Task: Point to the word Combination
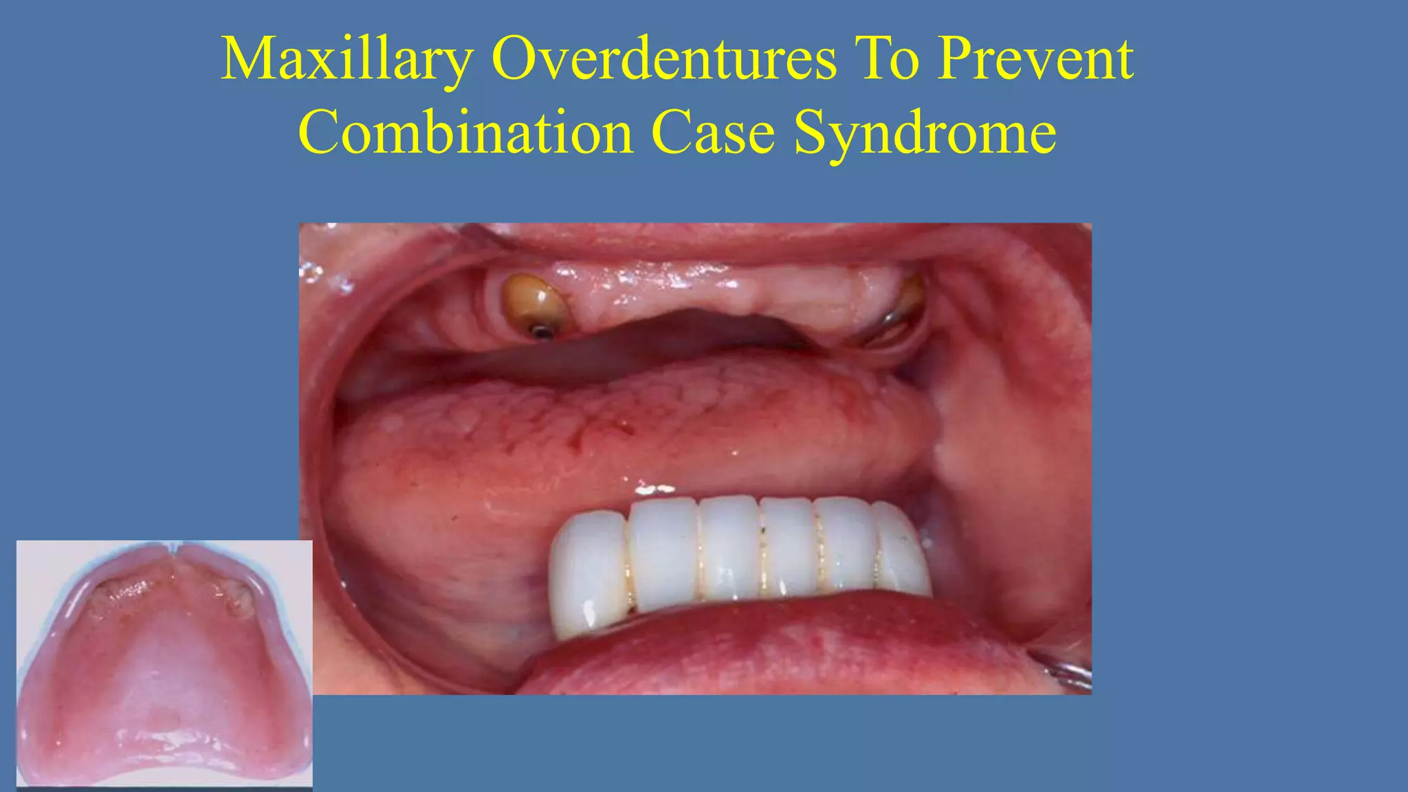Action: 465,132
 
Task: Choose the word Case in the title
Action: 713,132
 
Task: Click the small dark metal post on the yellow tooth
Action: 542,333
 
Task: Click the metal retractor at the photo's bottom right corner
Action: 1069,670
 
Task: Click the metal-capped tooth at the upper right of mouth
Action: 901,309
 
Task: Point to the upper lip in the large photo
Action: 687,241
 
